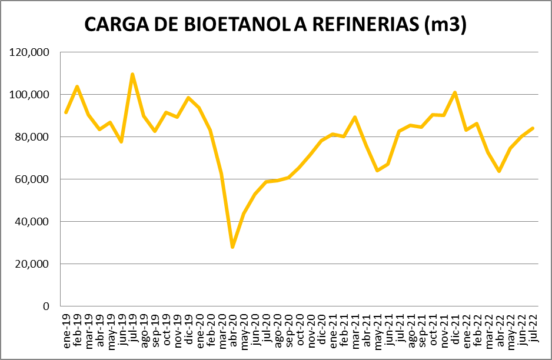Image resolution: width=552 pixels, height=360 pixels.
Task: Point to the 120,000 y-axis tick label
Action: [29, 52]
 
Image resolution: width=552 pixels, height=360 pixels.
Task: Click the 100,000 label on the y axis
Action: [29, 95]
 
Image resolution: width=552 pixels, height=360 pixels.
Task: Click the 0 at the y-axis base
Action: [46, 306]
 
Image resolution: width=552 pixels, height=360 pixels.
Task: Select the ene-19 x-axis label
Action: [66, 327]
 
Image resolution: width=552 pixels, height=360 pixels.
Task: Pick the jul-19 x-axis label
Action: [132, 327]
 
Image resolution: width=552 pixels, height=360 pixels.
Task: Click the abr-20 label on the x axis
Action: [232, 327]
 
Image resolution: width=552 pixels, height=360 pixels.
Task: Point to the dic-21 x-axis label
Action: [455, 327]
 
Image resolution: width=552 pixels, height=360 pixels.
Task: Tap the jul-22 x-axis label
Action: [533, 327]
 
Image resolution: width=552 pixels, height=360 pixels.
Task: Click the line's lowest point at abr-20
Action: [232, 247]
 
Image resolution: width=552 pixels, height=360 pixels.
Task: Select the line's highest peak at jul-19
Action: [132, 74]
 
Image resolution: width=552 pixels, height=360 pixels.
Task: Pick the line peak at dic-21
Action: [455, 92]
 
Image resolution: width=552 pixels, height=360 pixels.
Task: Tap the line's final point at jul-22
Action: [533, 128]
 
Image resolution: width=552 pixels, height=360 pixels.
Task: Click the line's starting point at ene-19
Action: [66, 112]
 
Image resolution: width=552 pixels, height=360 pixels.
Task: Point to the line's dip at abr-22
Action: [499, 171]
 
